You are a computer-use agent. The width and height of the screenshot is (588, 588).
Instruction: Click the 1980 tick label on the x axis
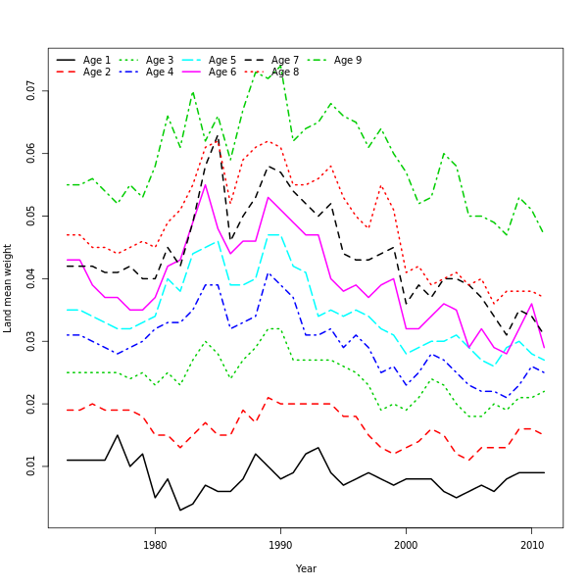pos(155,545)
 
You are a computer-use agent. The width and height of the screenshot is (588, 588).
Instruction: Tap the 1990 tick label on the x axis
pos(280,545)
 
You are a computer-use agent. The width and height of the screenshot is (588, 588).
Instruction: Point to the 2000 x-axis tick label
pos(406,545)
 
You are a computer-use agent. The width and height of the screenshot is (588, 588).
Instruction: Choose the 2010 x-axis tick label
pos(531,545)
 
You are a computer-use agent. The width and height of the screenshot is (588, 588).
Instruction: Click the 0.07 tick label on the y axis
pos(31,90)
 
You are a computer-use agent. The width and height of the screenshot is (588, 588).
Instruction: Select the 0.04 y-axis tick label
pos(31,278)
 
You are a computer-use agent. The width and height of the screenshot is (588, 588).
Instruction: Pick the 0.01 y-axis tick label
pos(31,465)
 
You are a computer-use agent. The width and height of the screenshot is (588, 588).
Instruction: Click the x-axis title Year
pos(306,568)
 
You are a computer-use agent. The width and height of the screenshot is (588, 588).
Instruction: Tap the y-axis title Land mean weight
pos(8,288)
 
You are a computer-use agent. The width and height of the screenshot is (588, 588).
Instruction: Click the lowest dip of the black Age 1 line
pos(180,510)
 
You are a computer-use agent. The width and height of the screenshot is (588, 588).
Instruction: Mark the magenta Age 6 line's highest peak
pos(205,184)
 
